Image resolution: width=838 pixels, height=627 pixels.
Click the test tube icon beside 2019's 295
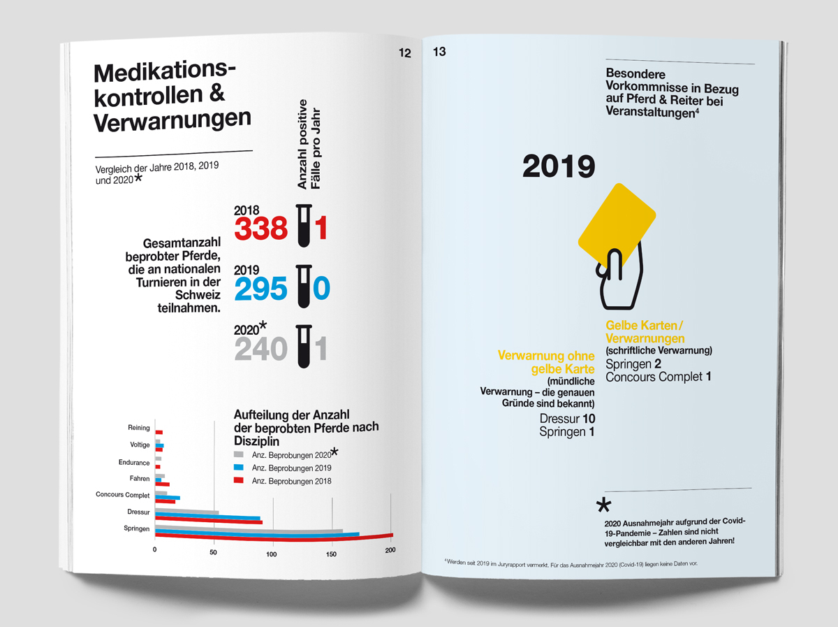tap(303, 287)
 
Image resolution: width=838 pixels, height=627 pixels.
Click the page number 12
tap(404, 53)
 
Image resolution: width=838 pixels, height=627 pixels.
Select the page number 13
tap(440, 52)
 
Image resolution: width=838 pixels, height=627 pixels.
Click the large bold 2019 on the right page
tap(559, 166)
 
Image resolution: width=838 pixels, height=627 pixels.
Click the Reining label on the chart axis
tap(139, 428)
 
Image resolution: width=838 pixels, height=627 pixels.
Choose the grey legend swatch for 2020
tap(237, 454)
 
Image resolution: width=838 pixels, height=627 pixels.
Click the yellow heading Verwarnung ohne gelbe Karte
tap(546, 362)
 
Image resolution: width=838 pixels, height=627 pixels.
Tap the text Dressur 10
tap(567, 418)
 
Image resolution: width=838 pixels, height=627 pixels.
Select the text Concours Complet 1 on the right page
tap(658, 377)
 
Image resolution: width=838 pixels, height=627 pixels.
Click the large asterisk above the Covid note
tap(603, 506)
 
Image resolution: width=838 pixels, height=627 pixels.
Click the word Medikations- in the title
tap(165, 72)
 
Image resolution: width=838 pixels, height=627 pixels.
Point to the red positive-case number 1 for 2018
tap(321, 229)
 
